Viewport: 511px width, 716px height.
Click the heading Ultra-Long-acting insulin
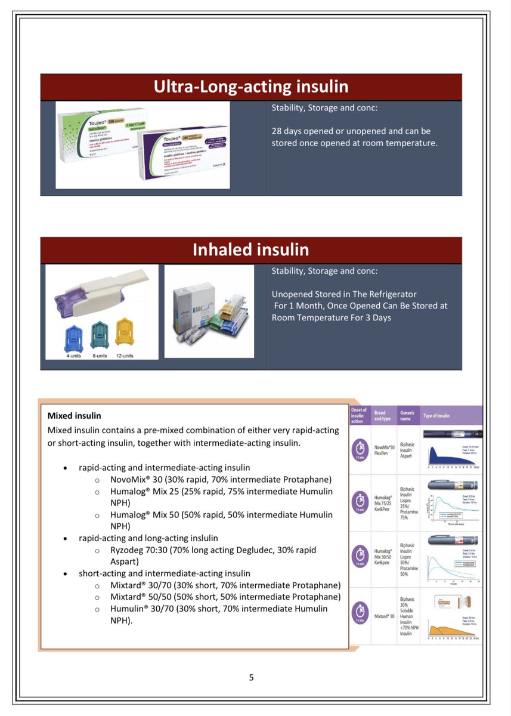[x=250, y=87]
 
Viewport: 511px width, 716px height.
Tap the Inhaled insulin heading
[x=250, y=249]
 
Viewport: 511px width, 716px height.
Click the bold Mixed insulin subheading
[x=74, y=415]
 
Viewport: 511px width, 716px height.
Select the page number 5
[x=251, y=677]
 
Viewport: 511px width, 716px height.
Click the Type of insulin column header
[x=436, y=416]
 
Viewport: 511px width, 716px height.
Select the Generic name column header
[x=407, y=416]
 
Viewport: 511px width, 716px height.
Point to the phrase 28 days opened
[x=304, y=131]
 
